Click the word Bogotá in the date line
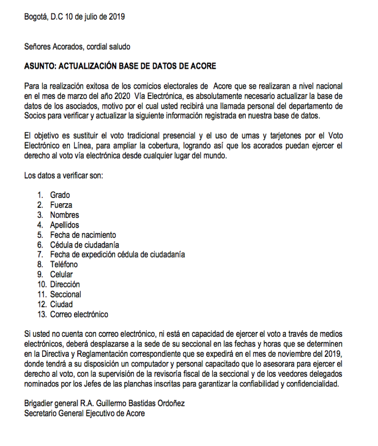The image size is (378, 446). (x=35, y=17)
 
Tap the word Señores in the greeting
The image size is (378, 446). (x=37, y=47)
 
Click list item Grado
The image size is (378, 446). (x=60, y=195)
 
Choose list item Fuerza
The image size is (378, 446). (x=61, y=205)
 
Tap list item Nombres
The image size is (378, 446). (x=64, y=215)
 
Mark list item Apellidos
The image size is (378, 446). (x=64, y=225)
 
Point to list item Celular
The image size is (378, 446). (x=61, y=274)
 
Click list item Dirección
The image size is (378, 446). (x=65, y=284)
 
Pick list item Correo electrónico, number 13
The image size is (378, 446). (x=79, y=314)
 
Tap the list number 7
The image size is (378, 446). (x=40, y=255)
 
